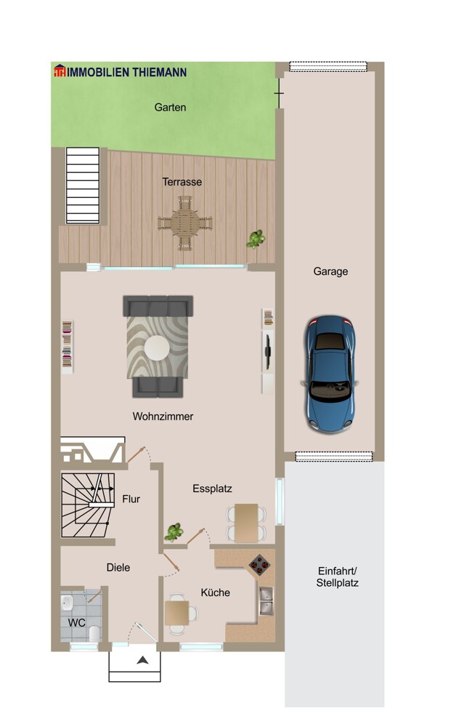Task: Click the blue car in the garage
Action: tap(330, 374)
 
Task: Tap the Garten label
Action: tap(170, 108)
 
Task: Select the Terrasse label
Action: tap(182, 182)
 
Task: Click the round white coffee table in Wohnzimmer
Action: tap(157, 348)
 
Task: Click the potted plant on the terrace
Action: tap(256, 239)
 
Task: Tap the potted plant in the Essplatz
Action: tap(174, 532)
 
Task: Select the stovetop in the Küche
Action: tap(259, 565)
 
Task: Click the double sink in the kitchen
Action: tap(266, 601)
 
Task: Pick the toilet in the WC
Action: tap(94, 633)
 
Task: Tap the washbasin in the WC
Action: tap(67, 603)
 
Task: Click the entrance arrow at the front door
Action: tap(142, 660)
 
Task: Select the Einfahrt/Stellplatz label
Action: tap(337, 577)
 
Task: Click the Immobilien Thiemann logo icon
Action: tap(60, 71)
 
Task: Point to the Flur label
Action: tap(131, 499)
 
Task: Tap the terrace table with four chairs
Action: tap(185, 223)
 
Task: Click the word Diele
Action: tap(118, 568)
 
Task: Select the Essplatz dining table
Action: tap(246, 523)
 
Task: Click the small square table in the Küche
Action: tap(177, 613)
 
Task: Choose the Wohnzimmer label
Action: tap(163, 417)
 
